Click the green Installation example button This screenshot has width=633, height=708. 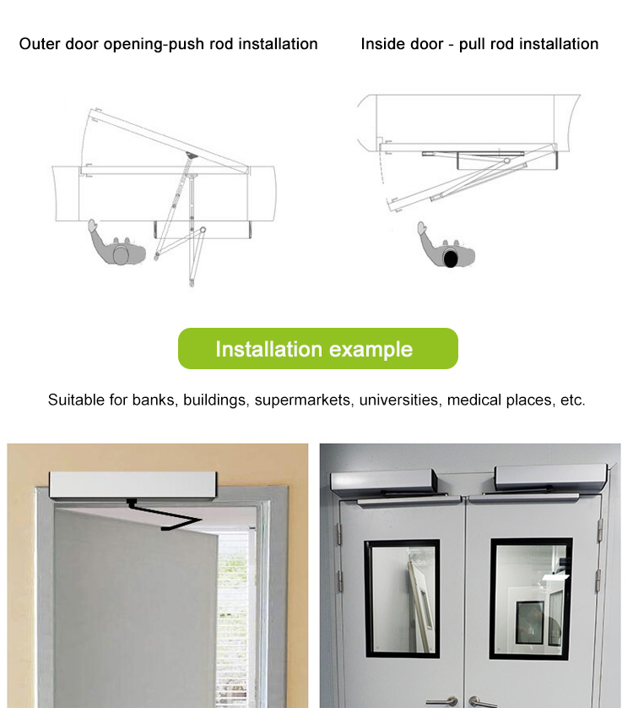tap(317, 349)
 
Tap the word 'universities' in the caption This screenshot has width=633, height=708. tap(398, 400)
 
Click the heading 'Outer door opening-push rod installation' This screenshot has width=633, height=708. tap(168, 44)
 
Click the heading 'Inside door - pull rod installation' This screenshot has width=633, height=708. tap(479, 44)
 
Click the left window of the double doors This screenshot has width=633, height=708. tap(402, 596)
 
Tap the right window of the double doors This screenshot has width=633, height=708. tap(531, 596)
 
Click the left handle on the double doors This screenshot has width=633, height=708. tap(442, 700)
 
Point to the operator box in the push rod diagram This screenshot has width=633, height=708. tap(202, 228)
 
